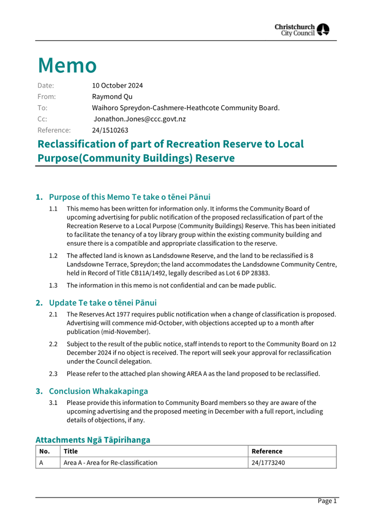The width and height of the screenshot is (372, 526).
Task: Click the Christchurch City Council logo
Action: pos(302,30)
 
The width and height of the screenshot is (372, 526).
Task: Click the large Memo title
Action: pos(67,65)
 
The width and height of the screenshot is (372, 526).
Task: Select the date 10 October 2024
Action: pos(117,86)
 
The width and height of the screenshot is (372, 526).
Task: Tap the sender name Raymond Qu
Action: pos(112,97)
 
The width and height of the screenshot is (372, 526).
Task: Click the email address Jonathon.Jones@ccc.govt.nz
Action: pos(140,119)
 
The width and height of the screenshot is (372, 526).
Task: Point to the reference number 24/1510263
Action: pos(110,130)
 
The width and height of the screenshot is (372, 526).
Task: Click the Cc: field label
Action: pos(42,119)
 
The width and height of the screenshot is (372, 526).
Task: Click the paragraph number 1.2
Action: pos(53,256)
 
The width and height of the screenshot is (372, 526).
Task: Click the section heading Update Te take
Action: pos(103,303)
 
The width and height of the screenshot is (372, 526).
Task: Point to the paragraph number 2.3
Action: pos(53,374)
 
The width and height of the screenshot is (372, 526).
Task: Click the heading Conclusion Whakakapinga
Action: pos(98,391)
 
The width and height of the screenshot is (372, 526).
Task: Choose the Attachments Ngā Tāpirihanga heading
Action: pos(93,440)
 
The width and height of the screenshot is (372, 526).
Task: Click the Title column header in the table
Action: pos(71,451)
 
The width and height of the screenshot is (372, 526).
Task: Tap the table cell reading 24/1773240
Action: pos(268,463)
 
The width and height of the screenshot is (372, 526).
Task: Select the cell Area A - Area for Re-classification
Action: pos(110,463)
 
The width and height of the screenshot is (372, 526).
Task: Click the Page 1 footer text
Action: pos(327,501)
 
